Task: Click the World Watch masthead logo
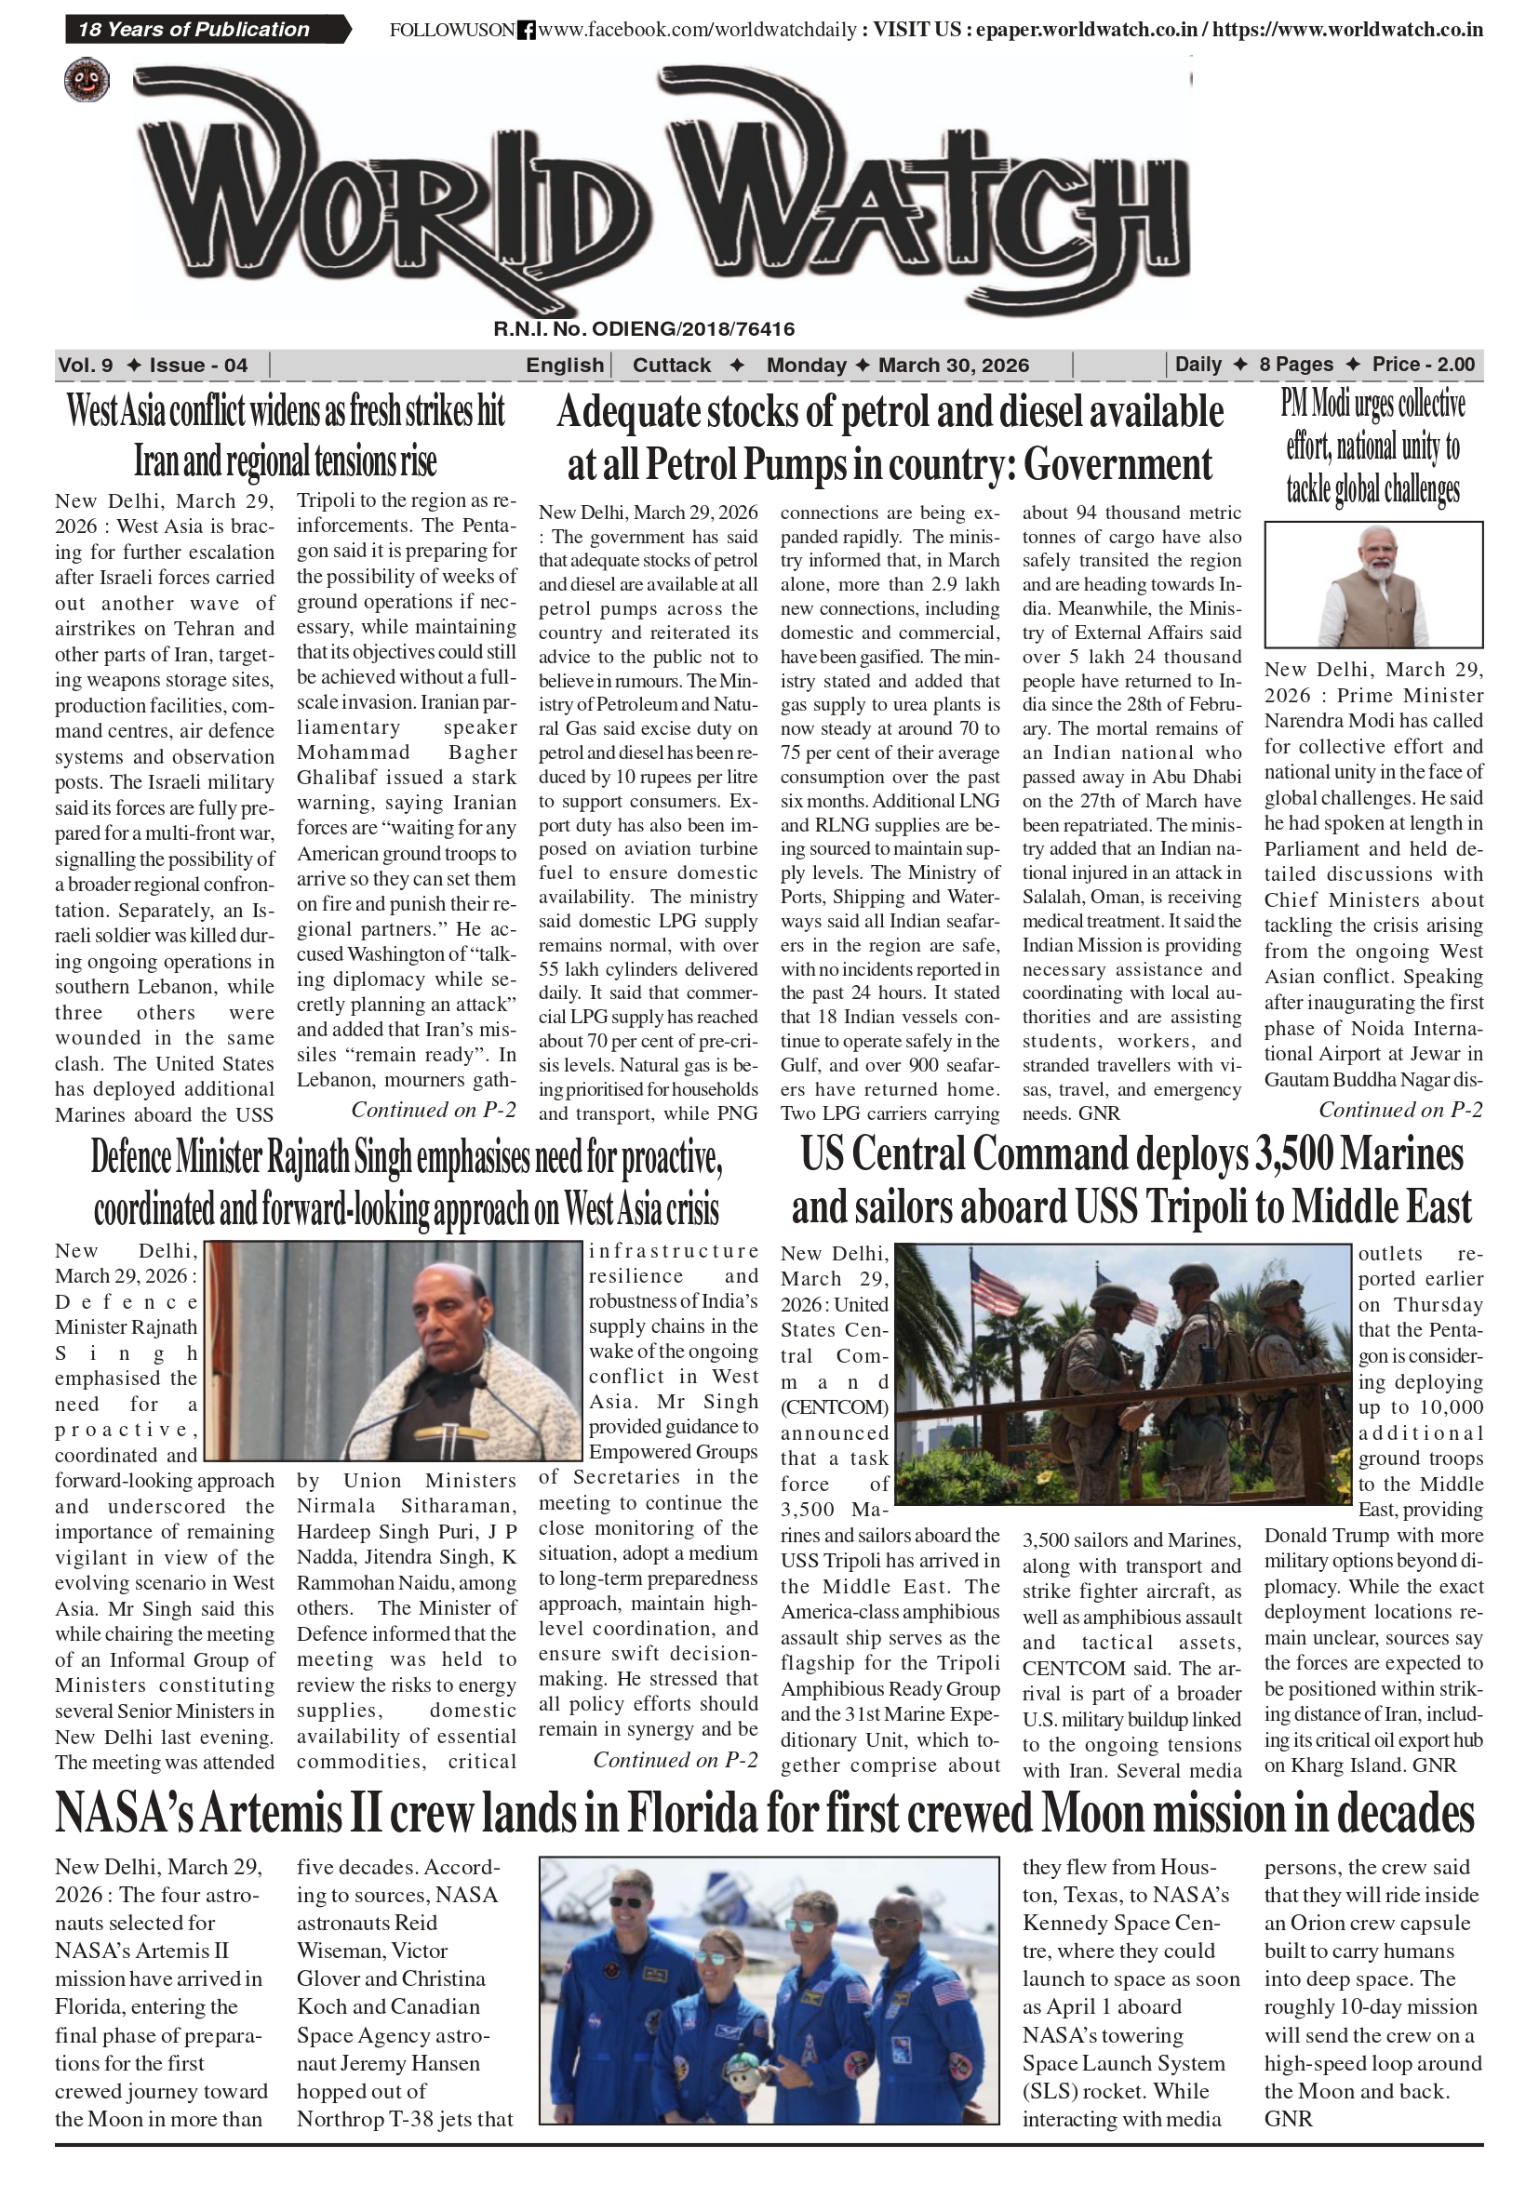(x=661, y=192)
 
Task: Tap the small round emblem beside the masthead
(x=87, y=80)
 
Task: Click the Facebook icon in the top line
(x=526, y=31)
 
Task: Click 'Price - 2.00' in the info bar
(x=1423, y=365)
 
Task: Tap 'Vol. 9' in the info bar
(x=86, y=365)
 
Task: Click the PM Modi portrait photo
(x=1373, y=584)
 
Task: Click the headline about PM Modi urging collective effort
(x=1372, y=446)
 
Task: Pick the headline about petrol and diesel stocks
(x=890, y=437)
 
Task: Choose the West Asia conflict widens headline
(x=285, y=435)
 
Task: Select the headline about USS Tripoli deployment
(x=1131, y=1180)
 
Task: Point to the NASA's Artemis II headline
(x=764, y=1812)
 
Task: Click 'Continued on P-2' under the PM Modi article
(x=1400, y=1110)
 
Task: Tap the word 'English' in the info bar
(x=564, y=365)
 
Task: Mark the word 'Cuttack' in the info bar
(x=672, y=365)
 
